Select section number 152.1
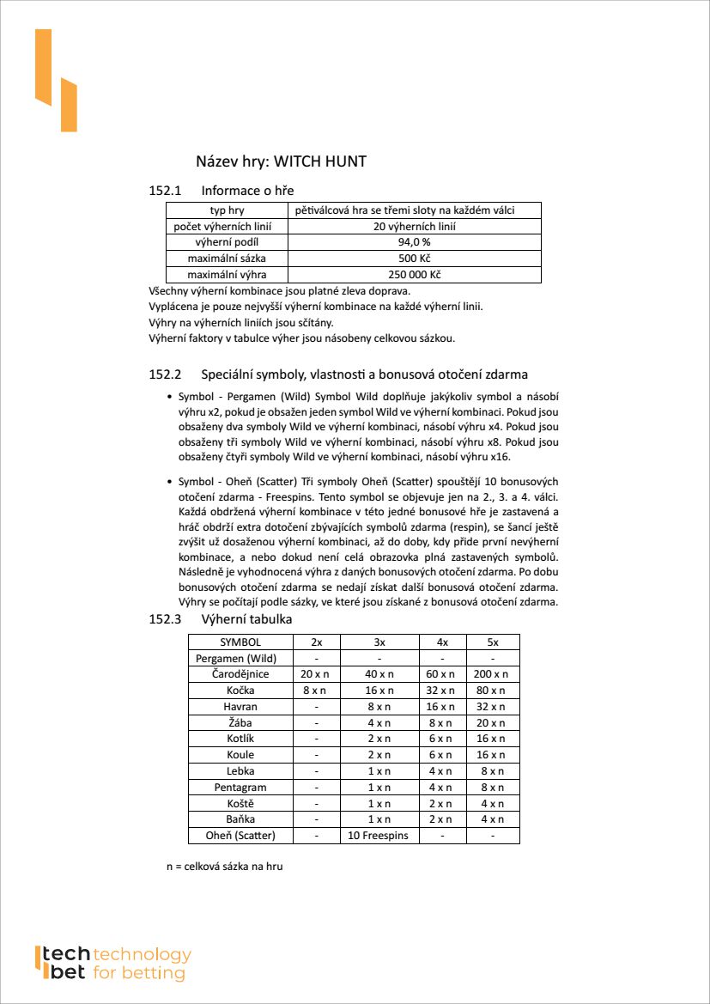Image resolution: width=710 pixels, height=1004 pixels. tap(167, 191)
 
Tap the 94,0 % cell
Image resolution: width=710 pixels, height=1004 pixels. tap(415, 242)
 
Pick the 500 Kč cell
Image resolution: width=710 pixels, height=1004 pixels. tap(415, 259)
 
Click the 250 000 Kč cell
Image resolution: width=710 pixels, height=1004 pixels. tap(415, 275)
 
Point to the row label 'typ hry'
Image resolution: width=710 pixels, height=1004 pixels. tap(227, 210)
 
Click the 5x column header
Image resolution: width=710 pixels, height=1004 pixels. tap(492, 642)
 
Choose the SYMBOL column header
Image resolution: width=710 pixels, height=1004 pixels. tap(240, 642)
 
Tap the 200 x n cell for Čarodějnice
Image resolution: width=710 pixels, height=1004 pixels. tap(492, 674)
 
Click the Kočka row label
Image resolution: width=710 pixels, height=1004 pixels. tap(240, 691)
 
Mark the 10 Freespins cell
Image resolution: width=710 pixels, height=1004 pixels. tap(379, 836)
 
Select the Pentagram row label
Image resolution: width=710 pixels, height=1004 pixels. tap(240, 788)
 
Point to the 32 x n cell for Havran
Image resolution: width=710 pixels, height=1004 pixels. tap(492, 707)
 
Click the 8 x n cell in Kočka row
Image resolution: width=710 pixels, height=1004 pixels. tap(316, 691)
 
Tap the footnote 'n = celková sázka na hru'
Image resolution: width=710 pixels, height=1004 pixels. tap(224, 867)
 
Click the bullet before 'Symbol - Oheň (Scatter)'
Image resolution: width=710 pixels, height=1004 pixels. tap(168, 482)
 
